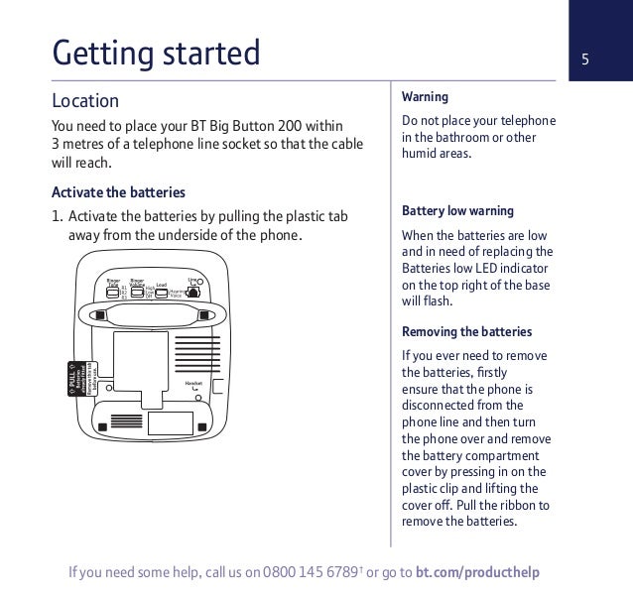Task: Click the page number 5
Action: click(585, 58)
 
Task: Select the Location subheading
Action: click(85, 101)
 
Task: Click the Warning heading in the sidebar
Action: click(425, 97)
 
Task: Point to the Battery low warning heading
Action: click(457, 211)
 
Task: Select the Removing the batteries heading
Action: click(466, 331)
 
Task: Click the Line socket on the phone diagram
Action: click(194, 290)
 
